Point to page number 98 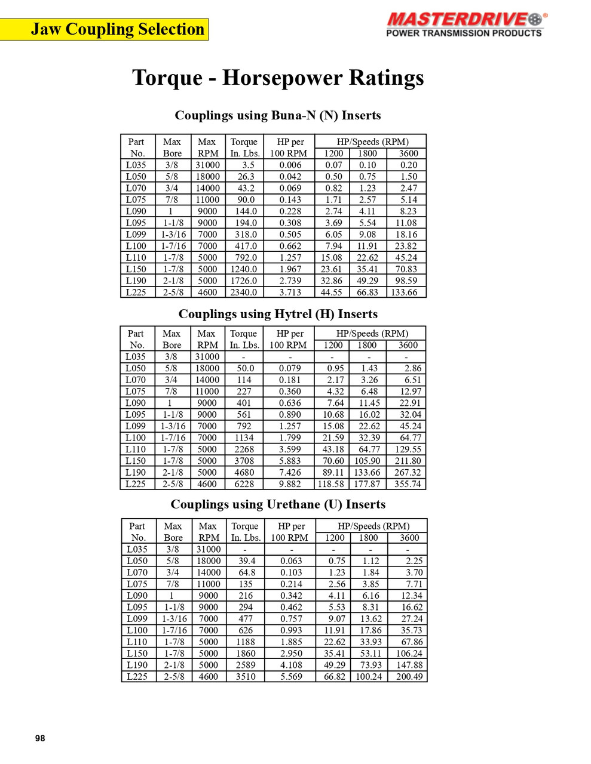coord(40,738)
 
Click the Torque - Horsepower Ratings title coord(278,78)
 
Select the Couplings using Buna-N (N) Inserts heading coord(278,115)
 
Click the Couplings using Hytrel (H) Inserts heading coord(278,314)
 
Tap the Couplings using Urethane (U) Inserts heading coord(278,504)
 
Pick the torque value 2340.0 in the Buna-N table coord(244,292)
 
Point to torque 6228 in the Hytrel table coord(244,484)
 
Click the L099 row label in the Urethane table coord(137,619)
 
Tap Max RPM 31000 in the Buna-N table coord(207,165)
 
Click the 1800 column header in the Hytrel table coord(367,345)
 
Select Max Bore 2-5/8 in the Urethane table coord(174,677)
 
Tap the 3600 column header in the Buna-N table coord(409,153)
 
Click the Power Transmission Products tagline coord(464,33)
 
